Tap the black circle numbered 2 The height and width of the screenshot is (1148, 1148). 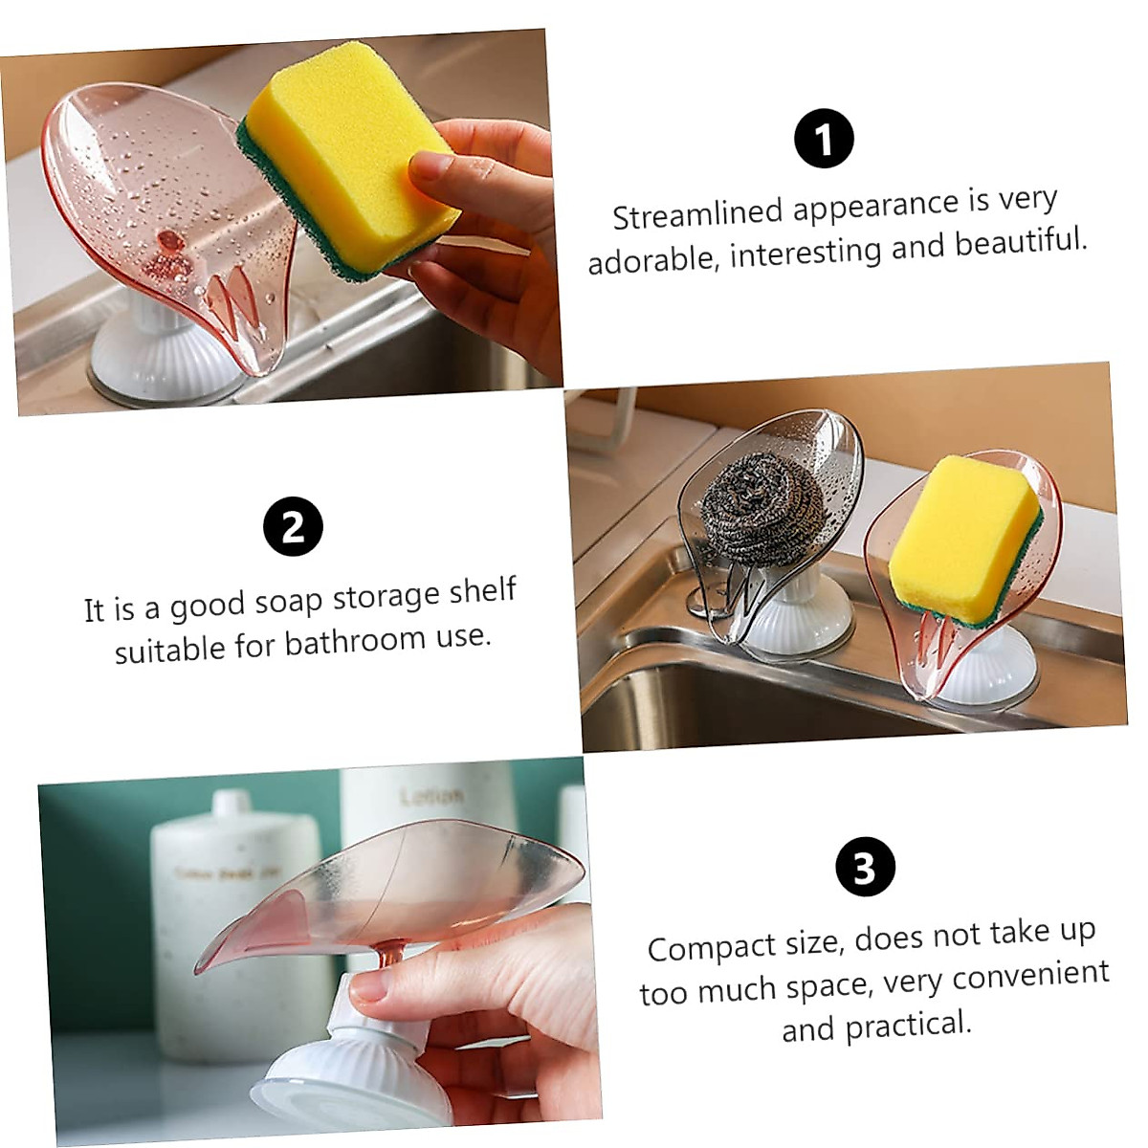[293, 527]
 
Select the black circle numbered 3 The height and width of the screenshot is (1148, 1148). [865, 869]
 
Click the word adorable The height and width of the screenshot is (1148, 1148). [651, 259]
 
